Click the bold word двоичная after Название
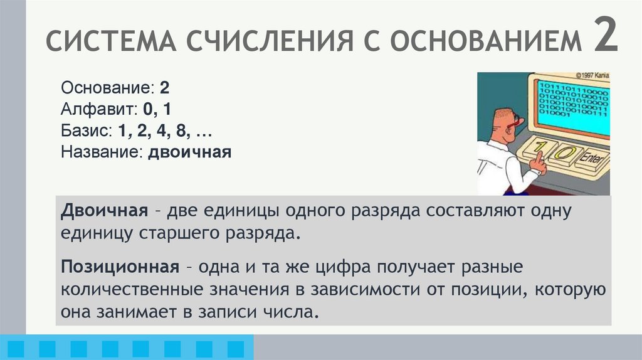190,152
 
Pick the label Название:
102,152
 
